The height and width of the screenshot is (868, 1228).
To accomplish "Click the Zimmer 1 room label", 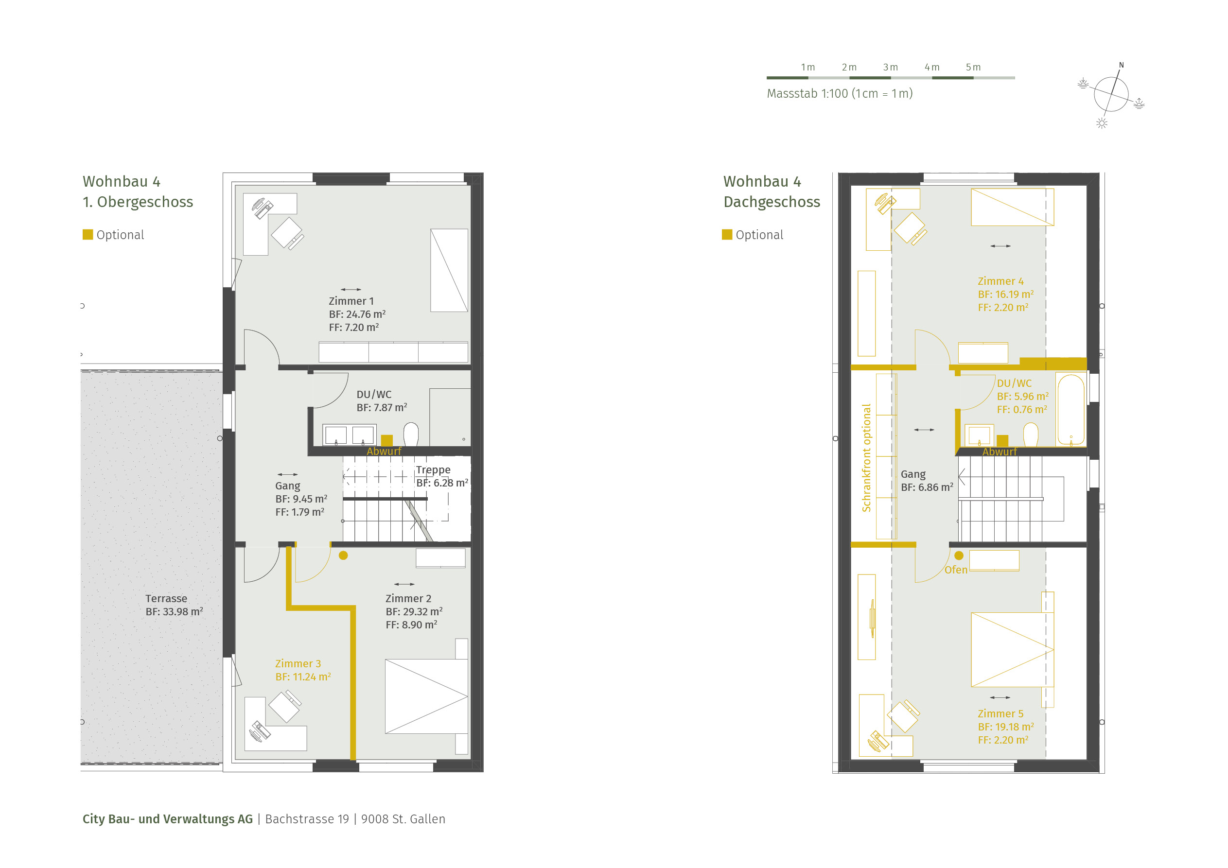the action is pyautogui.click(x=351, y=301).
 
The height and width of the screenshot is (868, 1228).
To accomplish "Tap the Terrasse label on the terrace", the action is pyautogui.click(x=166, y=598).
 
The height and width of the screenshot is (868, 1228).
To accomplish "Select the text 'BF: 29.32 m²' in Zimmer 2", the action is pyautogui.click(x=414, y=611).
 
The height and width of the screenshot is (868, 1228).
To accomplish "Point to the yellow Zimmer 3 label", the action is pyautogui.click(x=298, y=663).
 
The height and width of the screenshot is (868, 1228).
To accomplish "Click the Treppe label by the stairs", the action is pyautogui.click(x=433, y=469).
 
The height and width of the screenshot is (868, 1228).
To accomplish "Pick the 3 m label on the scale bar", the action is pyautogui.click(x=891, y=68).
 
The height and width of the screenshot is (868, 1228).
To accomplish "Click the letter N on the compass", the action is pyautogui.click(x=1122, y=65).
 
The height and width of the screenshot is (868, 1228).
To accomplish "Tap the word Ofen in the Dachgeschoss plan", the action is pyautogui.click(x=956, y=570).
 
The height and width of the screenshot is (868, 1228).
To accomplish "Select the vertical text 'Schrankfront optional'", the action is pyautogui.click(x=866, y=458).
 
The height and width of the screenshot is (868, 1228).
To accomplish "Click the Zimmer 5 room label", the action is pyautogui.click(x=1000, y=713).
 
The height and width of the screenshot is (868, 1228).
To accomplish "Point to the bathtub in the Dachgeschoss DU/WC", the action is pyautogui.click(x=1071, y=410).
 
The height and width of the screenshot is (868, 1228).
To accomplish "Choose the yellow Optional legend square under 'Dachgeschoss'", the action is pyautogui.click(x=727, y=234).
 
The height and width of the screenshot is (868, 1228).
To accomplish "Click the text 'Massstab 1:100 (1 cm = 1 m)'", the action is pyautogui.click(x=840, y=94).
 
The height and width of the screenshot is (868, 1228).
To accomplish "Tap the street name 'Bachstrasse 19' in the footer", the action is pyautogui.click(x=307, y=819).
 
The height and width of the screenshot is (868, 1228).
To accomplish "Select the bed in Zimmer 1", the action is pyautogui.click(x=449, y=270).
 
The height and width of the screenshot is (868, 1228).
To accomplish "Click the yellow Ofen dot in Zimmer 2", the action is pyautogui.click(x=343, y=555).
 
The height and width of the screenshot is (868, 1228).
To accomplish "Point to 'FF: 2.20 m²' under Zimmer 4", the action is pyautogui.click(x=1003, y=308).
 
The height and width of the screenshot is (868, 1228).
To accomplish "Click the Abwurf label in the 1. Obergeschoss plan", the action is pyautogui.click(x=384, y=451).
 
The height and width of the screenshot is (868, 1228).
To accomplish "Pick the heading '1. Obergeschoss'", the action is pyautogui.click(x=138, y=202).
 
